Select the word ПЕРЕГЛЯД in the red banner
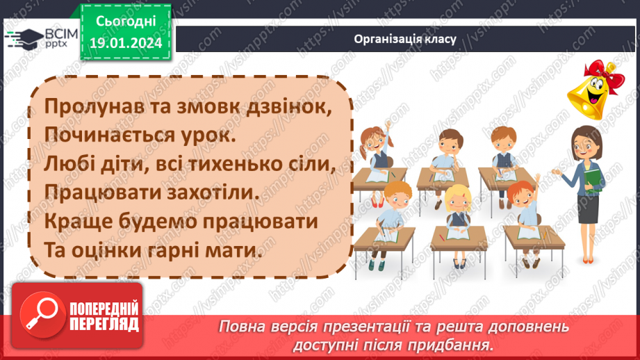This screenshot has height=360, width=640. pyautogui.click(x=104, y=324)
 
